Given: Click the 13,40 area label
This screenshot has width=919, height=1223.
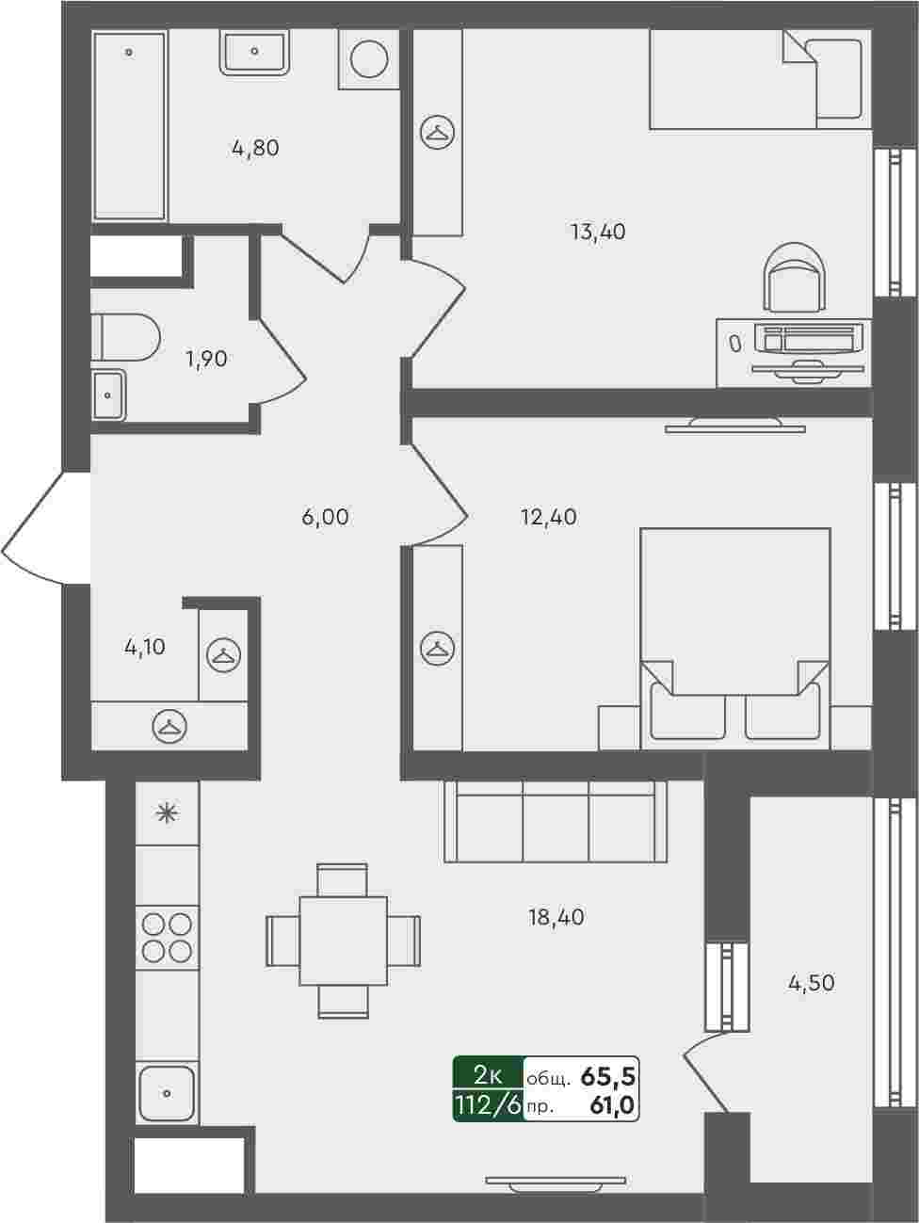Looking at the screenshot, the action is pos(598,232).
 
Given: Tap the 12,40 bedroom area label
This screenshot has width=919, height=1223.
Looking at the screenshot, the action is pos(549,518).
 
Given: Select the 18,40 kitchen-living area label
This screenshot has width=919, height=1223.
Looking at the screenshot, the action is pos(556,917).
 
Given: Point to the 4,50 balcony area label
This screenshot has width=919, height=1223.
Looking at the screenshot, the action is pos(812,984).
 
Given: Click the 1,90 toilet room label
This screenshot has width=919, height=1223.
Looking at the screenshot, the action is pos(206,360).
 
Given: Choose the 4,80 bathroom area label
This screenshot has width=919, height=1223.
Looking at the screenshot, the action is pos(256,148).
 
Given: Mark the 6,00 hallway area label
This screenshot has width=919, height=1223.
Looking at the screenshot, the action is pos(325,518).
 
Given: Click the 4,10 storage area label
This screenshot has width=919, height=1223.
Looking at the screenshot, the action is pos(145,648).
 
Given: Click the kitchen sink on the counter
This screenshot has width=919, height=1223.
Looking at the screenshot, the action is pos(167,1094).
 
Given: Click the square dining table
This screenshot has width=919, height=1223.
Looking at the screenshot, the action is pos(343,941).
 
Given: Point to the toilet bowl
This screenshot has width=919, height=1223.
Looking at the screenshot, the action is pos(126,338).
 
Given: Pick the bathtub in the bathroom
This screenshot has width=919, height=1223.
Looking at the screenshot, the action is pos(130,126).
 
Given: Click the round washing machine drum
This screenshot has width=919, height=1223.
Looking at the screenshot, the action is pos(369,58).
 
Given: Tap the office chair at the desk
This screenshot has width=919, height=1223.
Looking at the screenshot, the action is pos(796,277).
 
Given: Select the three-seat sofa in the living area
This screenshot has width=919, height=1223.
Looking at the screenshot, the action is pos(556,822).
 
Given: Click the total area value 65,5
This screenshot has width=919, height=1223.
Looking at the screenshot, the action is pos(607,1078).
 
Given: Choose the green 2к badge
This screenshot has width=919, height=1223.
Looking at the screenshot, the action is pos(489,1077).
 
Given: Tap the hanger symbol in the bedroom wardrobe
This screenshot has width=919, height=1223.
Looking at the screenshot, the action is pos(437,649).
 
